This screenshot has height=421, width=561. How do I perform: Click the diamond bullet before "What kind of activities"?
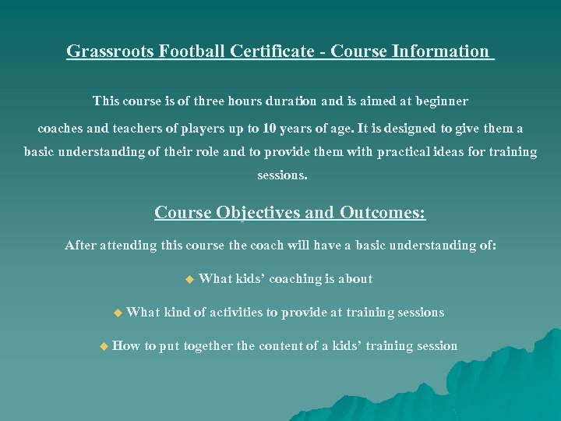(118, 313)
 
